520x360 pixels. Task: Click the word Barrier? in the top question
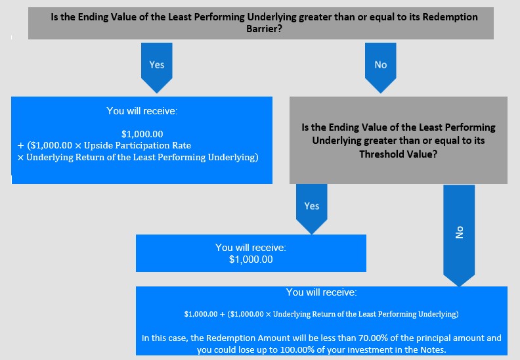tap(264, 29)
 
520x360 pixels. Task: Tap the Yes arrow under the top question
tap(156, 68)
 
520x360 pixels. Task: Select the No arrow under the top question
tap(381, 68)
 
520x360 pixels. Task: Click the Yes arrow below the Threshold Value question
tap(312, 209)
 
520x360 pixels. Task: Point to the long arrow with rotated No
tap(459, 236)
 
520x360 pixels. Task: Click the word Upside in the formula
tap(98, 145)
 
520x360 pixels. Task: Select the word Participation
tap(143, 145)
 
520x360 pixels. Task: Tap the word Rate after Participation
tap(182, 145)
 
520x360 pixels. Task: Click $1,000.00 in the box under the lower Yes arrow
tap(251, 259)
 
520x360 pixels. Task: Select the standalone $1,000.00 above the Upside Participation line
tap(142, 134)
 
